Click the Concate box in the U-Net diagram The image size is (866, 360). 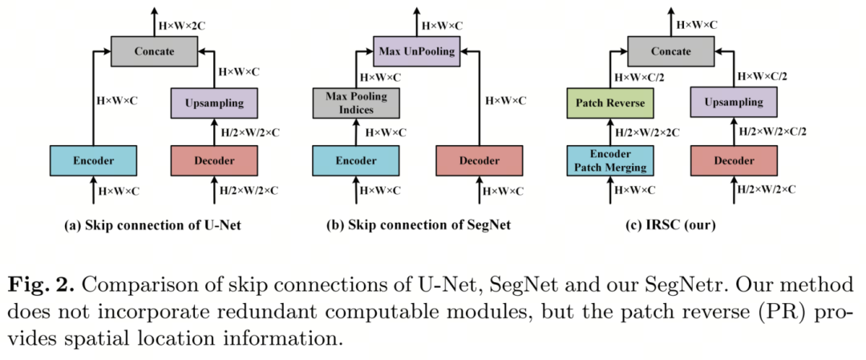[153, 51]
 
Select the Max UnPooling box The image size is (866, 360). [415, 51]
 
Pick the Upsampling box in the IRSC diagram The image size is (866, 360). [733, 103]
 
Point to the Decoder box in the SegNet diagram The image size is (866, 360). [479, 160]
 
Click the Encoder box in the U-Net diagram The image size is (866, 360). [93, 160]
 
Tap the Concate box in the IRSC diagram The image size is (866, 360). [671, 51]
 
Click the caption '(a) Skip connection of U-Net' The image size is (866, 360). [152, 225]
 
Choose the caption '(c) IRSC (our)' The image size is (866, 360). [670, 225]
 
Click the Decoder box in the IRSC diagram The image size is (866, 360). [733, 160]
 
